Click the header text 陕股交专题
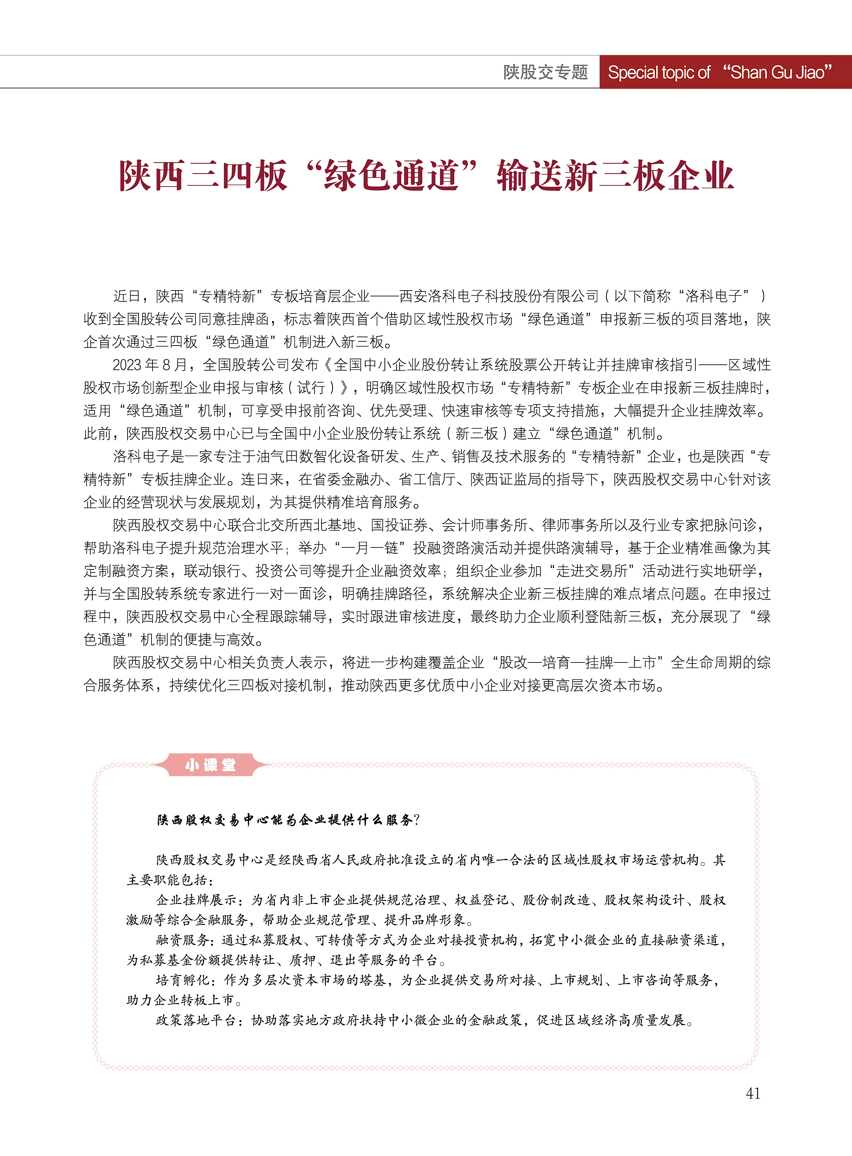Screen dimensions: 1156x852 (545, 72)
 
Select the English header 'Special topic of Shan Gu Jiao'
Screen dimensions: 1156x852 (720, 72)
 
